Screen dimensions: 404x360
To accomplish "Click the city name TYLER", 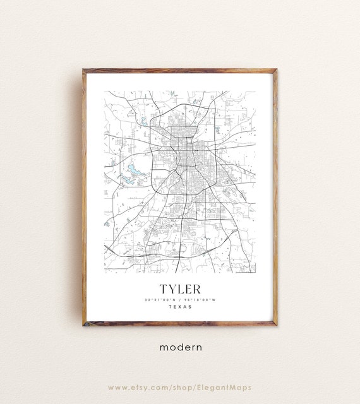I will pyautogui.click(x=179, y=288).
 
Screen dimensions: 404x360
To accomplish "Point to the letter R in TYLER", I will pyautogui.click(x=196, y=288).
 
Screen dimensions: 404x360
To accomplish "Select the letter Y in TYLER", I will pyautogui.click(x=171, y=288).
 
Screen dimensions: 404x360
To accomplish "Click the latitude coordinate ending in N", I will pyautogui.click(x=160, y=299).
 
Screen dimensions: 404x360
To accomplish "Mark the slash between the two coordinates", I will pyautogui.click(x=180, y=299).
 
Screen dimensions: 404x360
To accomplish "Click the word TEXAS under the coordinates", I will pyautogui.click(x=180, y=307).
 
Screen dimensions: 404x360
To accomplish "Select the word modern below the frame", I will pyautogui.click(x=180, y=347).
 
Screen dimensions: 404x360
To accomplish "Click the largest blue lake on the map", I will pyautogui.click(x=135, y=170).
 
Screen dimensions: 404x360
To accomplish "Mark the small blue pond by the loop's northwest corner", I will pyautogui.click(x=144, y=121).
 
